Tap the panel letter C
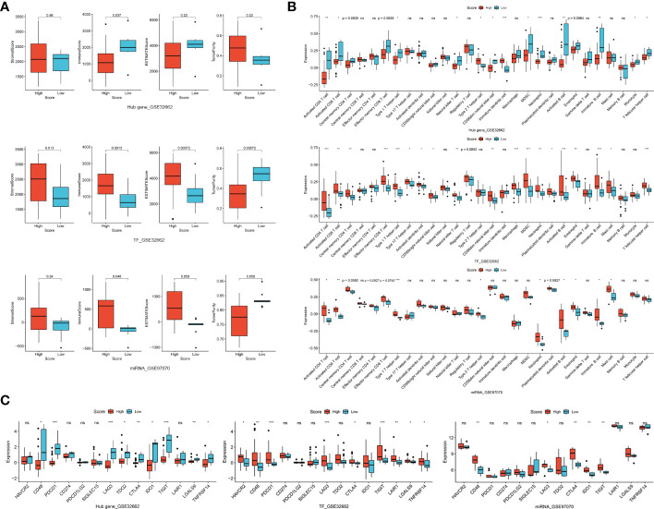tap(6, 374)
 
